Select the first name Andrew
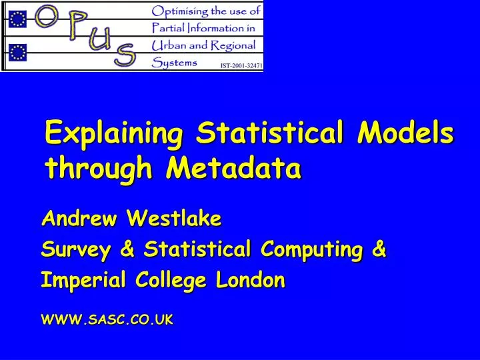78,218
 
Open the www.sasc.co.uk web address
107,320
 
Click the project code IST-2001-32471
241,65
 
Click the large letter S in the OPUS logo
124,55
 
